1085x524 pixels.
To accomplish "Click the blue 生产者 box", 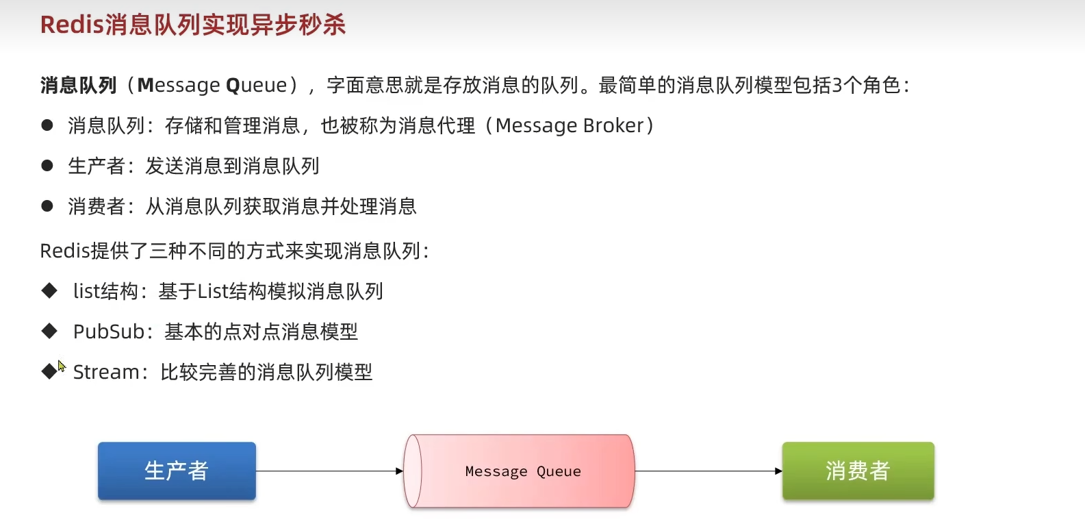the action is click(177, 471).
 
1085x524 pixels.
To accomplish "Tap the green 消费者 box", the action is click(858, 471).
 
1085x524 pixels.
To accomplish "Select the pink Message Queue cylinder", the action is click(519, 471).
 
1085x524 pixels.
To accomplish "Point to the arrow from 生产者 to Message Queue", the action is click(329, 471).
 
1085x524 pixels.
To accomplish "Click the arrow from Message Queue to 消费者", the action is click(709, 471).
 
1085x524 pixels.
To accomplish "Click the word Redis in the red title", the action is click(72, 25).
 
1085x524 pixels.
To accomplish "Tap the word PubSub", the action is click(109, 332).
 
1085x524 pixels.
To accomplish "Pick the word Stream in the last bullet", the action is click(106, 372).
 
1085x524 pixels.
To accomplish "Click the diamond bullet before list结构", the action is click(49, 291).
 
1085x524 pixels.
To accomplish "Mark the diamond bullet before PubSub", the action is click(49, 331).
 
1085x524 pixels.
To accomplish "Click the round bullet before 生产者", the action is click(47, 166).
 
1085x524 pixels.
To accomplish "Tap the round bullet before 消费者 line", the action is click(47, 206).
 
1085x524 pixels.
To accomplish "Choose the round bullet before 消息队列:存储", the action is click(47, 125).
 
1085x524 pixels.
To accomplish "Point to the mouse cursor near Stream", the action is click(61, 366).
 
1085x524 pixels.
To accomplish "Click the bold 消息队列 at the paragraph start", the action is click(79, 86).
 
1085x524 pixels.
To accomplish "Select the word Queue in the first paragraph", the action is click(257, 86).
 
